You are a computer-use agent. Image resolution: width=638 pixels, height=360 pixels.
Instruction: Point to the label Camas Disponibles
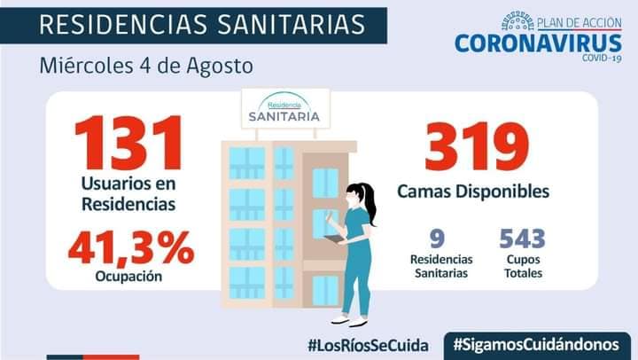473,191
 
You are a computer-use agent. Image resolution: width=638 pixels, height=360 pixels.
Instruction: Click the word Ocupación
128,276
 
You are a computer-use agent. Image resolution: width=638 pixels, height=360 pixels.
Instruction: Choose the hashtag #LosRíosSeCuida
369,343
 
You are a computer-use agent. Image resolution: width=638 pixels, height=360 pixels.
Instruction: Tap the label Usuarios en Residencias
128,194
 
